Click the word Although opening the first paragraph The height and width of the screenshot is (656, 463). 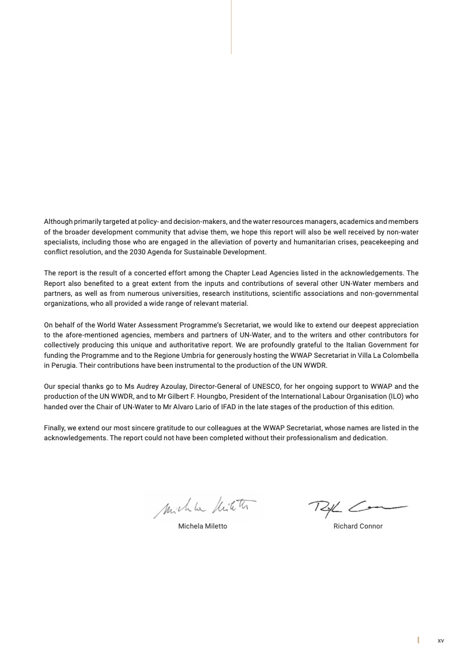click(58, 222)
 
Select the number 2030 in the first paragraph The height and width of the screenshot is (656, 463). click(148, 252)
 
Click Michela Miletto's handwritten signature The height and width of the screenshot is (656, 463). click(204, 505)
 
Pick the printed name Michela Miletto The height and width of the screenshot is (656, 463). click(203, 526)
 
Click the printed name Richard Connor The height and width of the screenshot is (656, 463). click(358, 526)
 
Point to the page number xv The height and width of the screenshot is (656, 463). click(441, 641)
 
